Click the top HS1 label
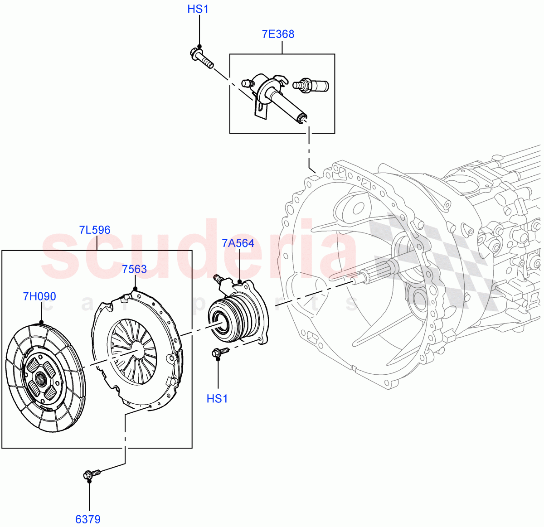[198, 9]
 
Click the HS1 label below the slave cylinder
[217, 399]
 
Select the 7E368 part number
[278, 34]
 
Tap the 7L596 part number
[95, 230]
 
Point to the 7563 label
[134, 269]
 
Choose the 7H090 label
[39, 296]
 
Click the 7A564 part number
[238, 243]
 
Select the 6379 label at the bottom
[88, 519]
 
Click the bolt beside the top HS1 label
[201, 58]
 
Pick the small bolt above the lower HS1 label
[219, 351]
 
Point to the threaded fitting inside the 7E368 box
[311, 85]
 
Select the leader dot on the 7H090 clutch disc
[41, 322]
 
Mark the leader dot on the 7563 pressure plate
[135, 289]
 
